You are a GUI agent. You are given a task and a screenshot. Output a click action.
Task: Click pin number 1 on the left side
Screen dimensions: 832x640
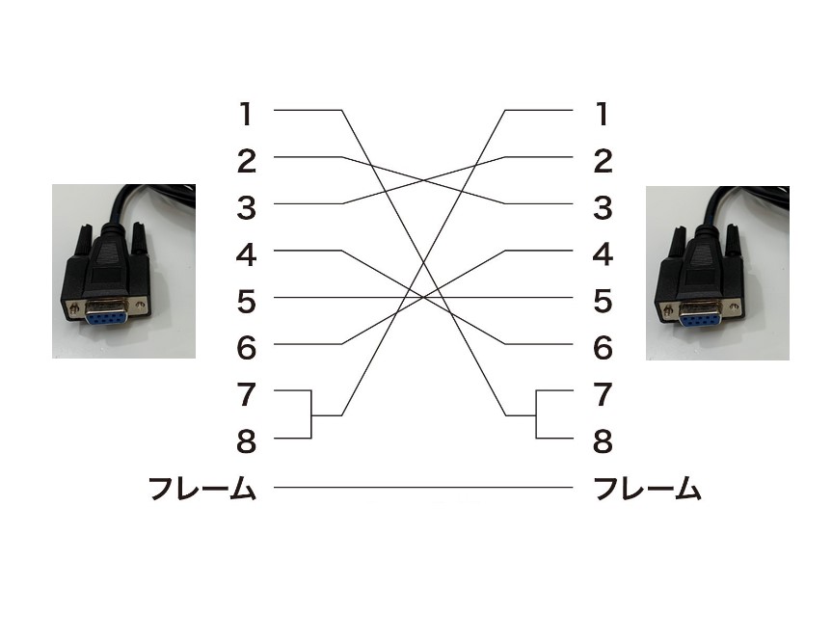click(x=247, y=115)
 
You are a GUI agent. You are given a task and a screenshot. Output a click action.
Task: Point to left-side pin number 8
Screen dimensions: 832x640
click(x=247, y=442)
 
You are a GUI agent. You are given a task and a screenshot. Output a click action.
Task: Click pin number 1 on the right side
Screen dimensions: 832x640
click(x=603, y=115)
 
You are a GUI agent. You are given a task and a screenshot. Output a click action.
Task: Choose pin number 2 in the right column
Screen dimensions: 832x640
click(x=603, y=161)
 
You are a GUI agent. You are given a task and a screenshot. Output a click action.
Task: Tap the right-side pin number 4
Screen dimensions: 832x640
click(x=603, y=254)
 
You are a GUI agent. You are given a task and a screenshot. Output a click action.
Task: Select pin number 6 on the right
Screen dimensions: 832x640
click(x=603, y=348)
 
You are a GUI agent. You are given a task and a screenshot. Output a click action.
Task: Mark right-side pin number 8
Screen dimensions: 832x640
click(x=603, y=442)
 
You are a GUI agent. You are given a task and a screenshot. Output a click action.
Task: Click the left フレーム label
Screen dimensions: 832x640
click(x=202, y=490)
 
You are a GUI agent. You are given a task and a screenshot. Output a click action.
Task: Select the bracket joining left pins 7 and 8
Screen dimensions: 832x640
click(x=311, y=414)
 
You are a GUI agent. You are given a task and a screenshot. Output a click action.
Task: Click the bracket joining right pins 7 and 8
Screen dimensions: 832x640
click(x=536, y=414)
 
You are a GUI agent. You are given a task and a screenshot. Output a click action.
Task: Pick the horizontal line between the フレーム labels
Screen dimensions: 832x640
click(x=424, y=488)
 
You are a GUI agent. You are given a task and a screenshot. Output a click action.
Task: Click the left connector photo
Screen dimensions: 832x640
click(x=123, y=272)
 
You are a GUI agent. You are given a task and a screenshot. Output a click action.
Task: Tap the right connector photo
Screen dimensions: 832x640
click(x=717, y=273)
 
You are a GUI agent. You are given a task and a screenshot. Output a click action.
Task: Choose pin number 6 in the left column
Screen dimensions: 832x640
click(x=247, y=348)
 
